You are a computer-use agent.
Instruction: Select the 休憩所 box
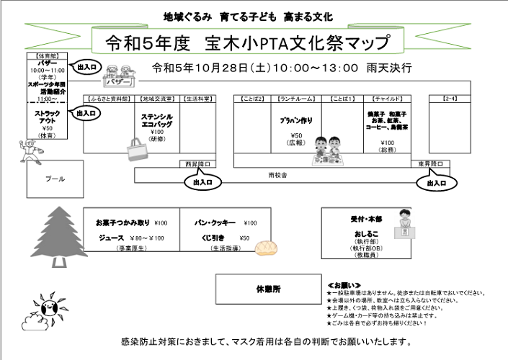point(268,289)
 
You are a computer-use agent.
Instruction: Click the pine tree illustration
point(55,233)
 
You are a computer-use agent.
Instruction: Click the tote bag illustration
point(136,150)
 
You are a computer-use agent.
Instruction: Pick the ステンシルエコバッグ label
point(157,120)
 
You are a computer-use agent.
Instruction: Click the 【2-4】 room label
point(450,97)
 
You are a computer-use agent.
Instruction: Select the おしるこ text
point(362,235)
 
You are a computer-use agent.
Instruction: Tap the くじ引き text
point(214,238)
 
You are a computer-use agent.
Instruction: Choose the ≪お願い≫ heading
point(342,285)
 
